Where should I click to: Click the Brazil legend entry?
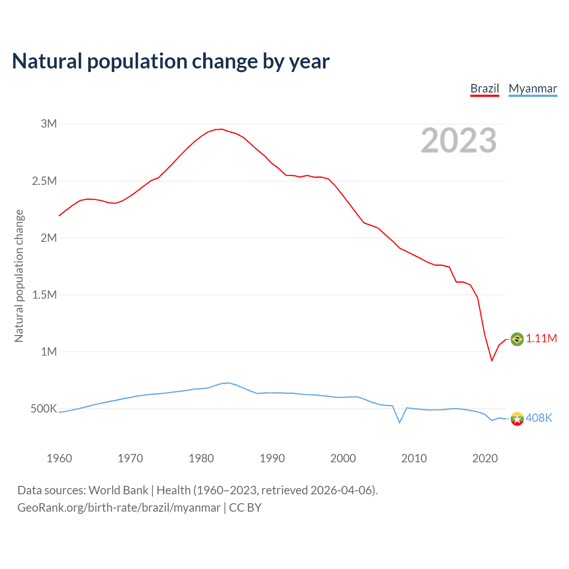pyautogui.click(x=485, y=88)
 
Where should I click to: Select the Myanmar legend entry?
pyautogui.click(x=533, y=88)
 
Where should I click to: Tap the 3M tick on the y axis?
pyautogui.click(x=49, y=124)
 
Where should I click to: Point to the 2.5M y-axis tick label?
pyautogui.click(x=44, y=181)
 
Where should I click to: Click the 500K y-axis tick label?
pyautogui.click(x=44, y=409)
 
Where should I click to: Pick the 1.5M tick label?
pyautogui.click(x=44, y=295)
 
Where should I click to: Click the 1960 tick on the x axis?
pyautogui.click(x=59, y=458)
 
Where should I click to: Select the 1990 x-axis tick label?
pyautogui.click(x=272, y=458)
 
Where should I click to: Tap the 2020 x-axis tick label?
pyautogui.click(x=485, y=458)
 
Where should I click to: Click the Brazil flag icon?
pyautogui.click(x=517, y=339)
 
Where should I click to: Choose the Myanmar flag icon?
pyautogui.click(x=517, y=418)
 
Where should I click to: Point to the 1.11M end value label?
pyautogui.click(x=541, y=339)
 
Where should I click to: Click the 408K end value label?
pyautogui.click(x=539, y=418)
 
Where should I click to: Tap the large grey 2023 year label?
pyautogui.click(x=458, y=140)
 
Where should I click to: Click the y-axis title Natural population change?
pyautogui.click(x=19, y=276)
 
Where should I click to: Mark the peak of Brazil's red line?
pyautogui.click(x=221, y=129)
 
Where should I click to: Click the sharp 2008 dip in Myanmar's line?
pyautogui.click(x=400, y=423)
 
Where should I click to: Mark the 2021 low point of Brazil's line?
pyautogui.click(x=492, y=360)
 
